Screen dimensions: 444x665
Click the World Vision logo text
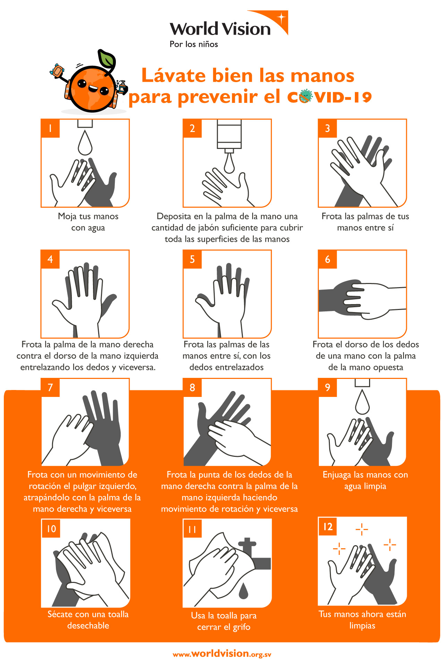pos(220,29)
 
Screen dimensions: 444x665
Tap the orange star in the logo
pos(281,17)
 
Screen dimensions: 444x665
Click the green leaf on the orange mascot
pos(106,59)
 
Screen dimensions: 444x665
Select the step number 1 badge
pos(50,128)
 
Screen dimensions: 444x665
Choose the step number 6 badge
pos(327,259)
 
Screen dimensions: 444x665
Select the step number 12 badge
pos(328,527)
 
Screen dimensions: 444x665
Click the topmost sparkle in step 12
pos(362,529)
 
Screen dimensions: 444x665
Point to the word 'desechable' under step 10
pos(88,626)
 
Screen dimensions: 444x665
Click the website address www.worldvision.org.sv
pos(222,654)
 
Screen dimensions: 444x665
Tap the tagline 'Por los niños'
pos(194,44)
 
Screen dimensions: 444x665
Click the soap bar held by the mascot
pos(57,71)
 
